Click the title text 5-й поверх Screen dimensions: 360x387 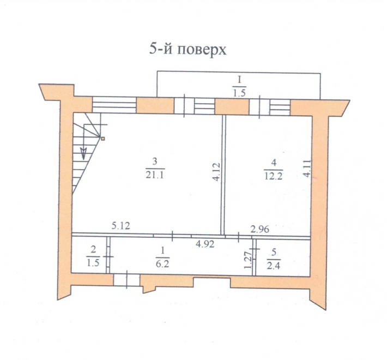[188, 50]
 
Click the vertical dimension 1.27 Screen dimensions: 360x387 [249, 260]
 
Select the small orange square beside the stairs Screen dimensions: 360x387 [101, 139]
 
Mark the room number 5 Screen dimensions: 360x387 [274, 251]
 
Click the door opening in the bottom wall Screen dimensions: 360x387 [126, 280]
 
